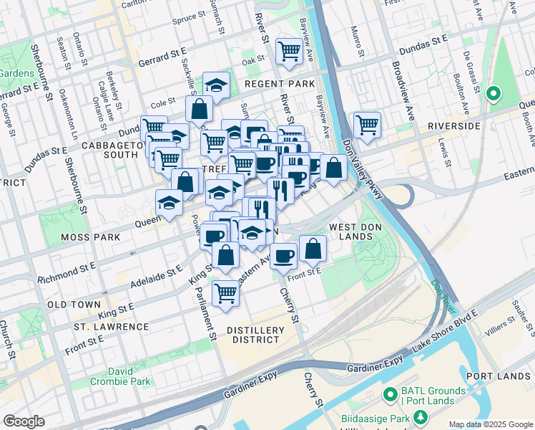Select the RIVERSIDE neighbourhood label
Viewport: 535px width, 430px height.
pos(453,125)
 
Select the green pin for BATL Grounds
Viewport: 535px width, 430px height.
pos(389,393)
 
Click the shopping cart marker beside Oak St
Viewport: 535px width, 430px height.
pos(289,51)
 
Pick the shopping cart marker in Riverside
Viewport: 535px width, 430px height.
pos(367,124)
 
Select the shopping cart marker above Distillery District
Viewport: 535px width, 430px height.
pos(225,292)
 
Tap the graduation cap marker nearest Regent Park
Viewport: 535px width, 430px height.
pos(216,85)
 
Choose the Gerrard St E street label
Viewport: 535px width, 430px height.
pos(162,61)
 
